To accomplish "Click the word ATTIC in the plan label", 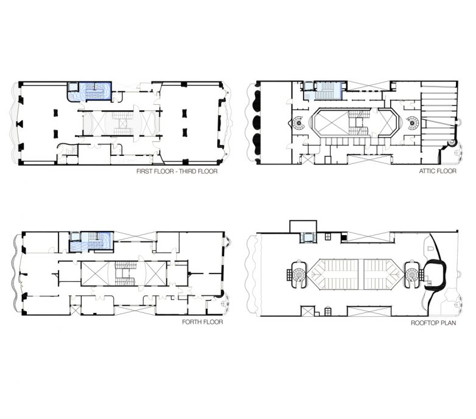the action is pos(427,171).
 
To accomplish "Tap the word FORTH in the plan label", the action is pos(192,322).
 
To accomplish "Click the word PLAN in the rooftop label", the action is pos(449,323).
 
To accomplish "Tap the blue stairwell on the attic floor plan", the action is pos(328,90).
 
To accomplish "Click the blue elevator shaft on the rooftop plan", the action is pos(308,238).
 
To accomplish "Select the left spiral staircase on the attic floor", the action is pos(299,123).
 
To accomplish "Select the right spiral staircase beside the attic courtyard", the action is pos(412,123).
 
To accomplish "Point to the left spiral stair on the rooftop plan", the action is pos(298,275).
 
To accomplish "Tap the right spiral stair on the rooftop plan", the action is pos(412,275).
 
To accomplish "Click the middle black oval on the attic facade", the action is pos(256,122).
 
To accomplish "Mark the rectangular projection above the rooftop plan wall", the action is pos(303,227).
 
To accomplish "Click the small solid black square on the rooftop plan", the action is pos(344,237).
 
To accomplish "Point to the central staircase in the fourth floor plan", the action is pos(125,273).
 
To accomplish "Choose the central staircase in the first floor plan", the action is pos(123,123).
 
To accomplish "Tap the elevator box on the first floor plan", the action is pos(73,87).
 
